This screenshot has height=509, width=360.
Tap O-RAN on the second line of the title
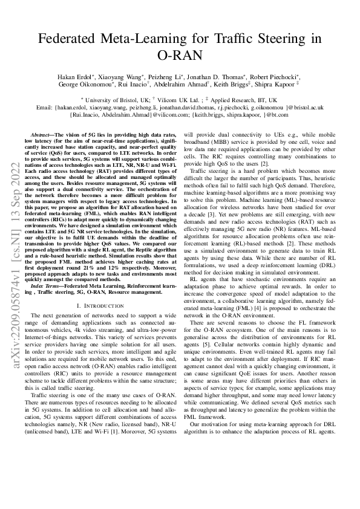[180, 56]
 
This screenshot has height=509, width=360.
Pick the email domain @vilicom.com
[167, 114]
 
